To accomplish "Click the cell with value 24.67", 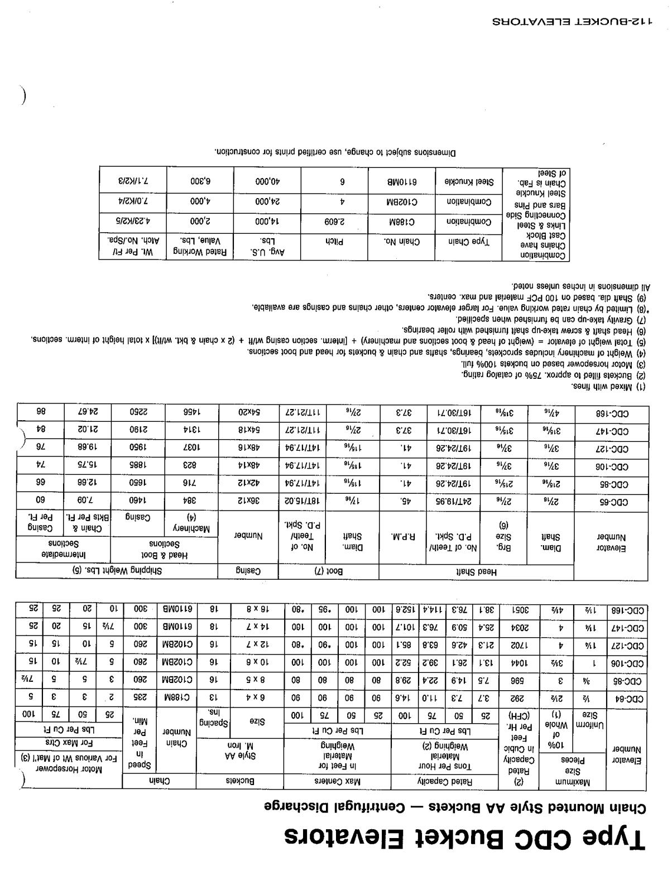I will (x=87, y=412).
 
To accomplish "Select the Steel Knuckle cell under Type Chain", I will (x=469, y=181).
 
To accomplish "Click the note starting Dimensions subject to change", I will (x=335, y=152).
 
